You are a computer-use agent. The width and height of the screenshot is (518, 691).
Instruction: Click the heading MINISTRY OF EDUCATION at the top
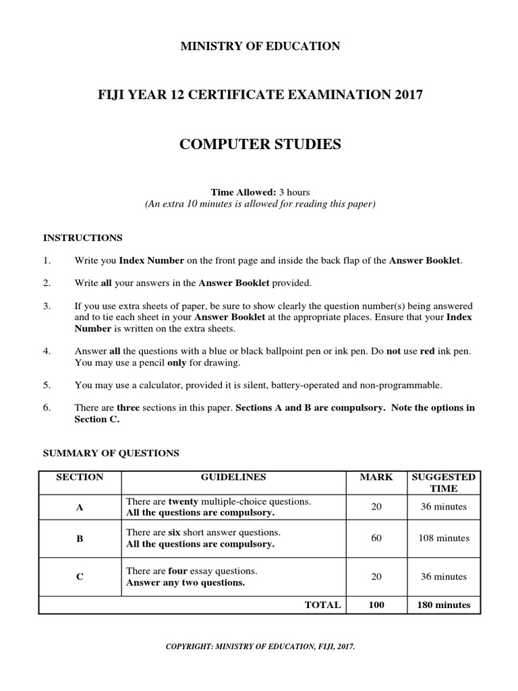tap(260, 47)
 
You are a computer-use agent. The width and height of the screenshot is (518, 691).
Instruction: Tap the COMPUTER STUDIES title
tap(260, 144)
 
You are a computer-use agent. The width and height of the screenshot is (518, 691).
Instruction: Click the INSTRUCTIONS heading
tap(83, 238)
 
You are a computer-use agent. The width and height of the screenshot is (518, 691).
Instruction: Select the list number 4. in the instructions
tap(47, 352)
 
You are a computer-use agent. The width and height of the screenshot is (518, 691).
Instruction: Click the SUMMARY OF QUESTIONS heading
tap(111, 453)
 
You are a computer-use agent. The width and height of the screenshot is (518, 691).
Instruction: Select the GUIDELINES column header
tap(233, 477)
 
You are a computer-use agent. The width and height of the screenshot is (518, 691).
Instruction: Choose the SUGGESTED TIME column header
tap(443, 482)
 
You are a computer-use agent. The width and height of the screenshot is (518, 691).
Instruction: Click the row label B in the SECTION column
tap(80, 538)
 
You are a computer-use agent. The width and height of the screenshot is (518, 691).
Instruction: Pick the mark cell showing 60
tap(376, 538)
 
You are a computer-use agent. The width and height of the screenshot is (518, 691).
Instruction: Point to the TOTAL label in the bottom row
tap(323, 605)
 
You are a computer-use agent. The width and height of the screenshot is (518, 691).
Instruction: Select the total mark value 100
tap(376, 605)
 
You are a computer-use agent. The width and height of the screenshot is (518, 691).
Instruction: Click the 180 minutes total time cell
tap(444, 605)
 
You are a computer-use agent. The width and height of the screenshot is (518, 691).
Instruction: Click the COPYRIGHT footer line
tap(260, 646)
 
